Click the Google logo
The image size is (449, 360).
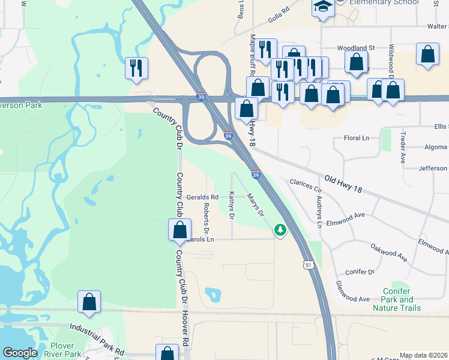(20, 353)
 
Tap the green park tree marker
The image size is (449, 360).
(280, 229)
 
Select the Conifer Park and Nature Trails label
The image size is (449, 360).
(397, 299)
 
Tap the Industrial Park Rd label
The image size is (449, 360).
(97, 338)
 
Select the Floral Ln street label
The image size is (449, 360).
(357, 138)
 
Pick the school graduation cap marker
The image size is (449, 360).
(323, 8)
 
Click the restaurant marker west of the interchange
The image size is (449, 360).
(136, 68)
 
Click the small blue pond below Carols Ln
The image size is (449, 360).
(212, 295)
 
